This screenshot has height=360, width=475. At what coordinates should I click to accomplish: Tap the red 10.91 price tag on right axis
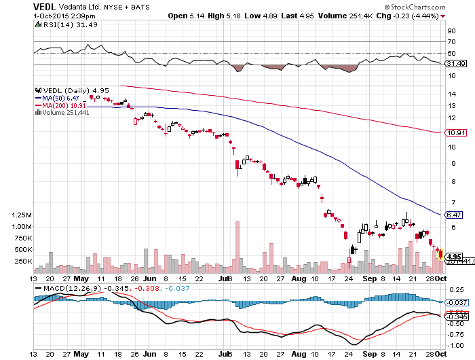coord(454,132)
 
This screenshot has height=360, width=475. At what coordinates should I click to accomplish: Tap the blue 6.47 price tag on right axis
coord(454,215)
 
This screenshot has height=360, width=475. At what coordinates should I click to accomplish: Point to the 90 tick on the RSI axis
coord(450,31)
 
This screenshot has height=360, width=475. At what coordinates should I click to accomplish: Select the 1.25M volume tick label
coord(22,215)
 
